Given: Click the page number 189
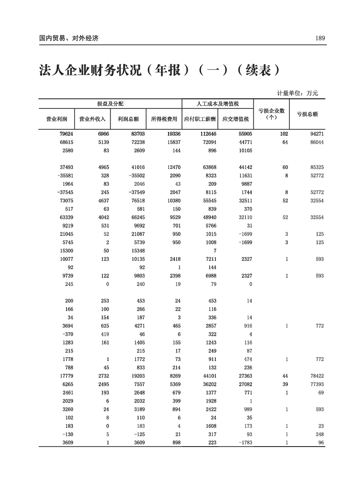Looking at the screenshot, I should point(320,38).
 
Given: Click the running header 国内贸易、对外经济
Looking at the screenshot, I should point(68,38).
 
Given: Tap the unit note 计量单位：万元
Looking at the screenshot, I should point(297,93).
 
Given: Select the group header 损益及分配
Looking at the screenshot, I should point(110,103).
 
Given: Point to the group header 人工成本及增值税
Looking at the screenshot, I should point(217,103).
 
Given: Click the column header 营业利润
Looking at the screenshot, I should point(56,119).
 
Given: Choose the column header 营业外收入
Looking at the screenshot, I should point(92,119).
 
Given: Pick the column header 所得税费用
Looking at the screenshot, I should point(164,119).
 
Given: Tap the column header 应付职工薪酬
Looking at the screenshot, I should point(200,119).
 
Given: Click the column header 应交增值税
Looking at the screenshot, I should point(236,119).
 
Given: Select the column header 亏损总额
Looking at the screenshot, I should point(307,114).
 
